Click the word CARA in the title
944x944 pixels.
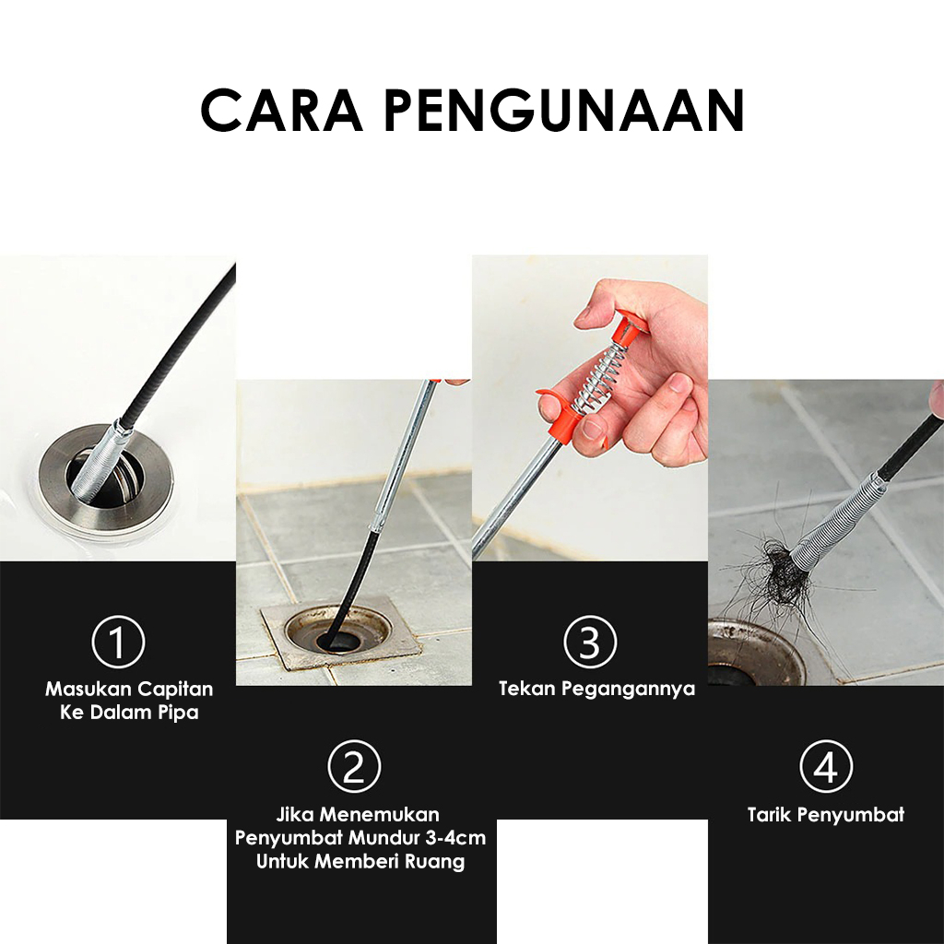point(282,111)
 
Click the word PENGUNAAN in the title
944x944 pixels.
point(565,111)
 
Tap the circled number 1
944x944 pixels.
point(118,642)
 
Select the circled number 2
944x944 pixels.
point(354,766)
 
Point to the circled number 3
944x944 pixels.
point(590,642)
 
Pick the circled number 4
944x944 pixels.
point(826,766)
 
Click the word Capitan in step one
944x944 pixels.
point(175,690)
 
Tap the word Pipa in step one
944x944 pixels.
point(178,713)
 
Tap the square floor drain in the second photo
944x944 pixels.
point(340,632)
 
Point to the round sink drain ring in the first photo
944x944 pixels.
point(106,481)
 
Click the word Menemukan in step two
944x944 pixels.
point(380,815)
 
